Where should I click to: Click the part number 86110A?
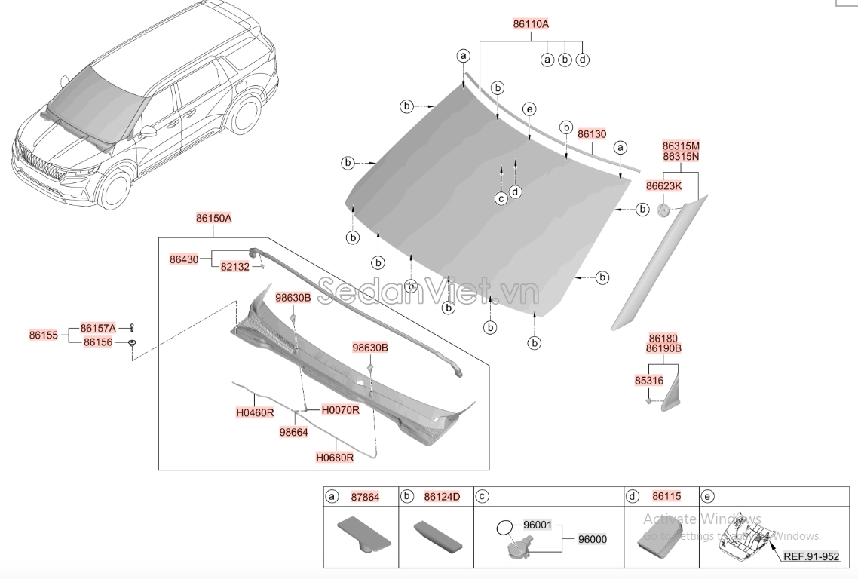(531, 23)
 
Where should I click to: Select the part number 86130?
(592, 133)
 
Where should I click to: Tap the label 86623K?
(663, 185)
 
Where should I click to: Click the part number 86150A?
(213, 219)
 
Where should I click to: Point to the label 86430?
(184, 259)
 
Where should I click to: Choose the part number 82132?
(234, 267)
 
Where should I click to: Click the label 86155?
(44, 334)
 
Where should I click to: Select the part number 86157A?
(99, 328)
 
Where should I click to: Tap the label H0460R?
(255, 412)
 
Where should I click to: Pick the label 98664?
(293, 432)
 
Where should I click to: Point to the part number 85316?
(649, 381)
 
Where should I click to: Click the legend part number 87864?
(365, 497)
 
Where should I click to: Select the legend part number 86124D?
(442, 497)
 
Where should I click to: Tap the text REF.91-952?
(811, 556)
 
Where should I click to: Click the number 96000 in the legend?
(592, 539)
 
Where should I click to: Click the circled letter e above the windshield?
(529, 110)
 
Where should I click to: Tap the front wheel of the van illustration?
(115, 189)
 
